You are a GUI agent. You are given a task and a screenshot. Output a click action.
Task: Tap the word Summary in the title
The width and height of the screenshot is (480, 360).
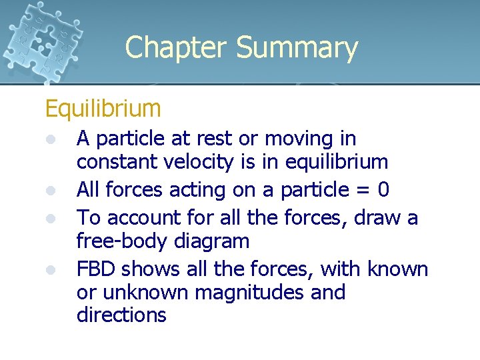[297, 48]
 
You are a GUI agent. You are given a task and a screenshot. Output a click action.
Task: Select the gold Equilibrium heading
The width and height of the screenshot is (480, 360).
[103, 108]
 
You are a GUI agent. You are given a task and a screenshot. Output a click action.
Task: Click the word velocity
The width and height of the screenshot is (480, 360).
[200, 162]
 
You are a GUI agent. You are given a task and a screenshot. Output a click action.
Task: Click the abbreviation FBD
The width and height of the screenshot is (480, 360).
[96, 269]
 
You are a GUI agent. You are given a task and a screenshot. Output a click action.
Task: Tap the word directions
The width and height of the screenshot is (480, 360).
[121, 315]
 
